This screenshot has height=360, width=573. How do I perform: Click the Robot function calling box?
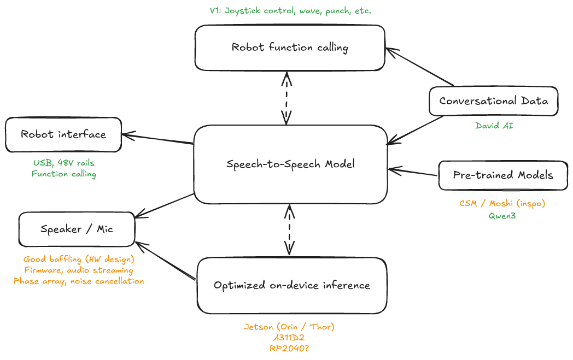point(290,48)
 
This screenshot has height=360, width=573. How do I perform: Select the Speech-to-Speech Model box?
point(290,164)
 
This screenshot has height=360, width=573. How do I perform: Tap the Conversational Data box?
point(493,101)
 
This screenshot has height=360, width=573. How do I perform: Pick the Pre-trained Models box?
point(503,175)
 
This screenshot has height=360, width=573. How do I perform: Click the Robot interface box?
point(63,134)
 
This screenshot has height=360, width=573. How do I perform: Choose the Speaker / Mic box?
point(77,229)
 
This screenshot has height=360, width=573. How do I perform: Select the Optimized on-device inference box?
point(292,285)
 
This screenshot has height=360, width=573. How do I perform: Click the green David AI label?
point(494,126)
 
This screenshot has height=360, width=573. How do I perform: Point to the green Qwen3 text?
point(502,215)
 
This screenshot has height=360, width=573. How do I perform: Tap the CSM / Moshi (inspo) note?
point(502,203)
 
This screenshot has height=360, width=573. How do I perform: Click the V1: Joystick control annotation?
point(290,10)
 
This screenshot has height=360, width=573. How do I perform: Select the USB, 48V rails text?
point(63,162)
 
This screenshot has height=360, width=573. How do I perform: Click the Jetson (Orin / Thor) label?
point(289,327)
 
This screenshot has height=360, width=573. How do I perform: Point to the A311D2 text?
point(289,338)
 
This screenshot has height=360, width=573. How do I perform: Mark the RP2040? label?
point(289,349)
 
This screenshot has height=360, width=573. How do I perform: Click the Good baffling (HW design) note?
point(79,259)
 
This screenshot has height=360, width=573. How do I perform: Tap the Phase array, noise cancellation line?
point(79,281)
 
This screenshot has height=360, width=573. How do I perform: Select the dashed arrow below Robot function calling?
point(286,98)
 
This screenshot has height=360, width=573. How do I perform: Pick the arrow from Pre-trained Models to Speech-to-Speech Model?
point(413,173)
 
